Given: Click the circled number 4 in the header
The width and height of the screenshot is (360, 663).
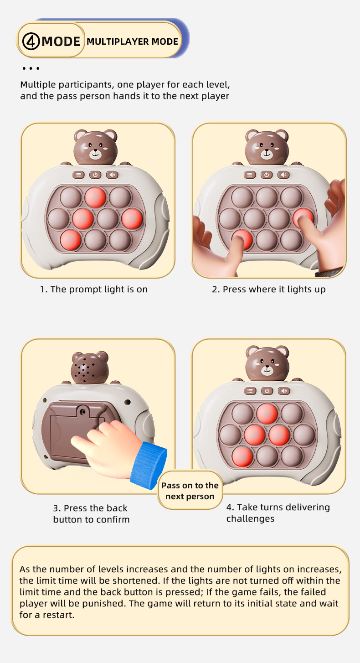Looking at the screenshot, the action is tap(31, 41).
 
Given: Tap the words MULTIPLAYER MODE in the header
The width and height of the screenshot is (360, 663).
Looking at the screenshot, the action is tap(132, 41).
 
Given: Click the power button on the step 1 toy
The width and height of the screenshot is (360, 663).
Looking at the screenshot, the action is tap(95, 175).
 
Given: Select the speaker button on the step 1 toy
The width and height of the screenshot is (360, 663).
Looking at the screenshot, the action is tap(112, 175).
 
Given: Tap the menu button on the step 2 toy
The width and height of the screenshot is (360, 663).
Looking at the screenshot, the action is tap(250, 175).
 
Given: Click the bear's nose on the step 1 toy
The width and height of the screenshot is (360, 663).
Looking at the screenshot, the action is tap(96, 150).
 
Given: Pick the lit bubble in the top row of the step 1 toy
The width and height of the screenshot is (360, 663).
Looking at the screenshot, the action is tap(95, 197).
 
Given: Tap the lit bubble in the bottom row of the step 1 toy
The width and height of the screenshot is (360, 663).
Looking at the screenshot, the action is tap(70, 240).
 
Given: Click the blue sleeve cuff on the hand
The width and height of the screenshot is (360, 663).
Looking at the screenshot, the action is tap(149, 465).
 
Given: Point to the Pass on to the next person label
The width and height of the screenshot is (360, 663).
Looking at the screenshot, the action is tap(190, 491).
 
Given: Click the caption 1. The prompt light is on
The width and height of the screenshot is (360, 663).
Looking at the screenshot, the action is tap(94, 289).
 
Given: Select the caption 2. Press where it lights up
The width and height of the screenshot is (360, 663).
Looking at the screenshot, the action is tap(268, 289).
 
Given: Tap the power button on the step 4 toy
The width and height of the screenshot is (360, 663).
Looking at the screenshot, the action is tap(267, 391).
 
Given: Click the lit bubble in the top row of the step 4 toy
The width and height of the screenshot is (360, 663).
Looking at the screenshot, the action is tap(267, 414).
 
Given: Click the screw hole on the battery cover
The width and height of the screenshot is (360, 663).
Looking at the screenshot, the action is tap(83, 412).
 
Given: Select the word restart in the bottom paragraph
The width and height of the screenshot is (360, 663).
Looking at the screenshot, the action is tap(59, 615).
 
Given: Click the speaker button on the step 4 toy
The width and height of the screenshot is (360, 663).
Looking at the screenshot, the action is tap(284, 391).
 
